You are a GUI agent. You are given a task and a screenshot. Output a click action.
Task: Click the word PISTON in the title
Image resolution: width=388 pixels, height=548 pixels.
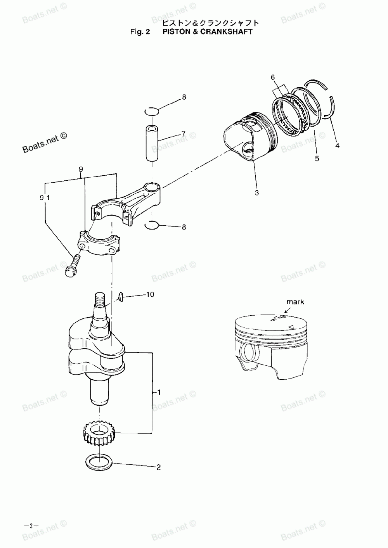(175, 31)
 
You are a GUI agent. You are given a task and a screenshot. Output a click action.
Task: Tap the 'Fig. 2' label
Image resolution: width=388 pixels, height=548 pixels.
(140, 31)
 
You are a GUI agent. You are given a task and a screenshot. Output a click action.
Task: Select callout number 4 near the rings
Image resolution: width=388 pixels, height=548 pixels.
(337, 146)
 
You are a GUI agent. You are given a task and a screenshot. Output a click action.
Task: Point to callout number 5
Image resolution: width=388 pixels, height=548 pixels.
(317, 158)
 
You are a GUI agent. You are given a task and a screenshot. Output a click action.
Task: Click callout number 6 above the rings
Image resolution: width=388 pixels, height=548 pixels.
(273, 78)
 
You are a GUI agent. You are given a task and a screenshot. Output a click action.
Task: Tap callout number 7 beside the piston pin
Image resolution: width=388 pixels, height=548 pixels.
(183, 134)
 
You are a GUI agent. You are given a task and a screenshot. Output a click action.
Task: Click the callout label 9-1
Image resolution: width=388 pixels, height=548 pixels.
(45, 198)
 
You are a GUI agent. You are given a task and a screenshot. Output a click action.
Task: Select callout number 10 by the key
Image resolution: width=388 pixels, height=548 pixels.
(150, 295)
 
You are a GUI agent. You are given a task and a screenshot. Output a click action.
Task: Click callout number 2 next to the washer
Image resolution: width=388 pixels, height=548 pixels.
(158, 467)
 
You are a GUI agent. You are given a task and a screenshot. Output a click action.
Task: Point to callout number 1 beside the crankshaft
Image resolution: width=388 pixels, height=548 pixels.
(159, 392)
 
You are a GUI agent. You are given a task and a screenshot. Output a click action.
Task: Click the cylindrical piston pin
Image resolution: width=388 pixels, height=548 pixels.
(153, 143)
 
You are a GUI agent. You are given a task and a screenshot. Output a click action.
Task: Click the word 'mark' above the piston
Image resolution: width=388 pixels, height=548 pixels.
(295, 302)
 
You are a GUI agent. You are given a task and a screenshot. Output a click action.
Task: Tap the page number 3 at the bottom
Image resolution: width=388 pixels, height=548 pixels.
(29, 526)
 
